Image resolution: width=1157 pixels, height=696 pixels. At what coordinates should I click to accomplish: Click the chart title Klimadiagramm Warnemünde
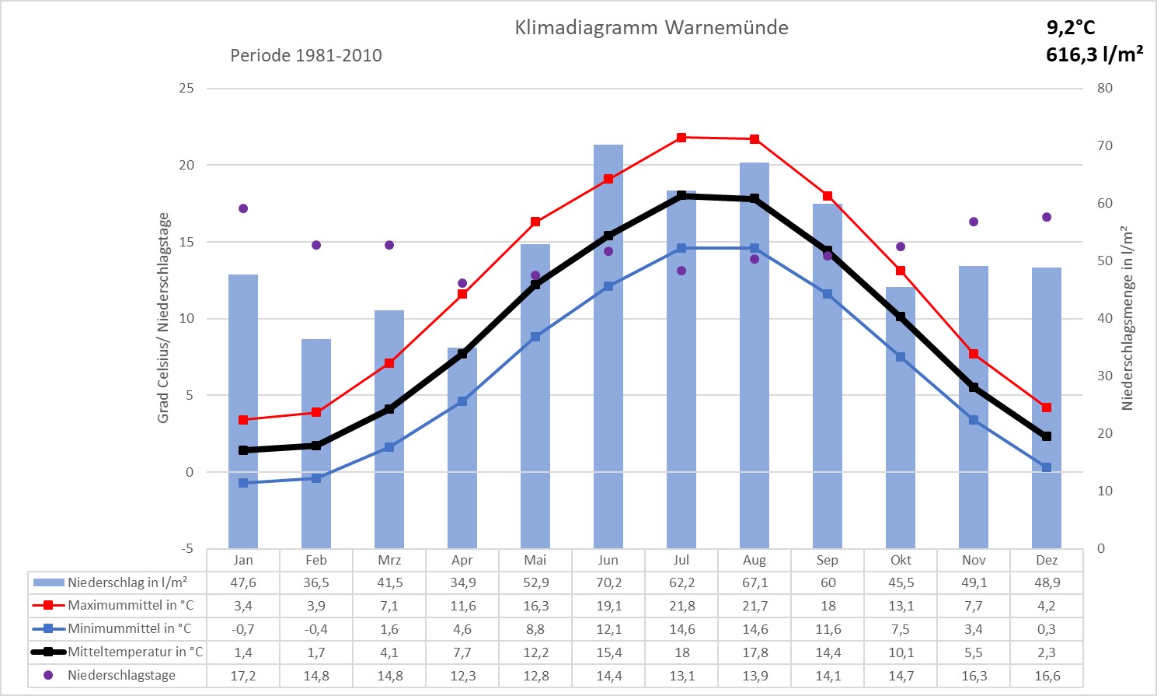pyautogui.click(x=651, y=28)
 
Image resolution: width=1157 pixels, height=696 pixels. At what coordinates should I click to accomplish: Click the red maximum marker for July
pyautogui.click(x=681, y=138)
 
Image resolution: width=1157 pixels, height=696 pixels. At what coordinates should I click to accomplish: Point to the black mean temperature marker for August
pyautogui.click(x=754, y=199)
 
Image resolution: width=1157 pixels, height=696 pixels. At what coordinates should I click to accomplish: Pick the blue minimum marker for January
pyautogui.click(x=243, y=483)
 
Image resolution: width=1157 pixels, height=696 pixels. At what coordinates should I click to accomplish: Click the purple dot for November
pyautogui.click(x=974, y=222)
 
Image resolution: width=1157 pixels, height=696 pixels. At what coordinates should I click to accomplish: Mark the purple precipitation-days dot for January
pyautogui.click(x=243, y=208)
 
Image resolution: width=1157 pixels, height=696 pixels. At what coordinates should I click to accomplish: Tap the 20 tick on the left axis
pyautogui.click(x=186, y=165)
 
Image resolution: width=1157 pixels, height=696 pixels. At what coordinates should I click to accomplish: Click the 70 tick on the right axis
pyautogui.click(x=1104, y=145)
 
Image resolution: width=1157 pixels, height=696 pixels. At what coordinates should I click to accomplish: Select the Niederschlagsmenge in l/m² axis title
pyautogui.click(x=1127, y=318)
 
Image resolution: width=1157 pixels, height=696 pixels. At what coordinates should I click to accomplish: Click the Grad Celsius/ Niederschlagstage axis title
pyautogui.click(x=163, y=318)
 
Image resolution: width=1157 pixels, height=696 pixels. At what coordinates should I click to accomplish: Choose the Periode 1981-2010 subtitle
pyautogui.click(x=306, y=55)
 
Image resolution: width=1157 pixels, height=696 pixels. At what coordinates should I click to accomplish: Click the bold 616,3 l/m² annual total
pyautogui.click(x=1094, y=54)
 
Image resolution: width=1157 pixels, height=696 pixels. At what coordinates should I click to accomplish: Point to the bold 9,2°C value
pyautogui.click(x=1070, y=28)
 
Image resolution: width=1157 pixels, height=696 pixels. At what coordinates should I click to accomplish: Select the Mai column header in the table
pyautogui.click(x=535, y=560)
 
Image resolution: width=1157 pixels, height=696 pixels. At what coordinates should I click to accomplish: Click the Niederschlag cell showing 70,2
pyautogui.click(x=608, y=582)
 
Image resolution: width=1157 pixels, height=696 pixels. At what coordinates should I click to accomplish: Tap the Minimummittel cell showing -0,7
pyautogui.click(x=243, y=629)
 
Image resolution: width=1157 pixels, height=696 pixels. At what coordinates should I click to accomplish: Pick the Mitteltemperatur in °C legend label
pyautogui.click(x=135, y=652)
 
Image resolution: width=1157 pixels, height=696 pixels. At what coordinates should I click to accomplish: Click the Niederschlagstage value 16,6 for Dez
pyautogui.click(x=1047, y=676)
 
